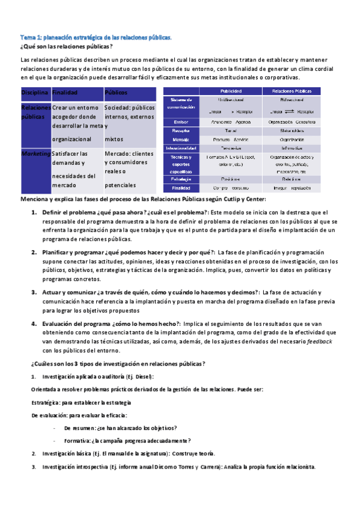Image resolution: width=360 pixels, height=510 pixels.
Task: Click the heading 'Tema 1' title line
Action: [x=96, y=37]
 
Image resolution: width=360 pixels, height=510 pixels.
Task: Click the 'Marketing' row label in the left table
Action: [x=35, y=153]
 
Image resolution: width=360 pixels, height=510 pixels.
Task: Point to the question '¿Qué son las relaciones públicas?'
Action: [x=67, y=47]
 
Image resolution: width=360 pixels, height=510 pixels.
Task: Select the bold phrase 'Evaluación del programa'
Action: [x=76, y=323]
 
